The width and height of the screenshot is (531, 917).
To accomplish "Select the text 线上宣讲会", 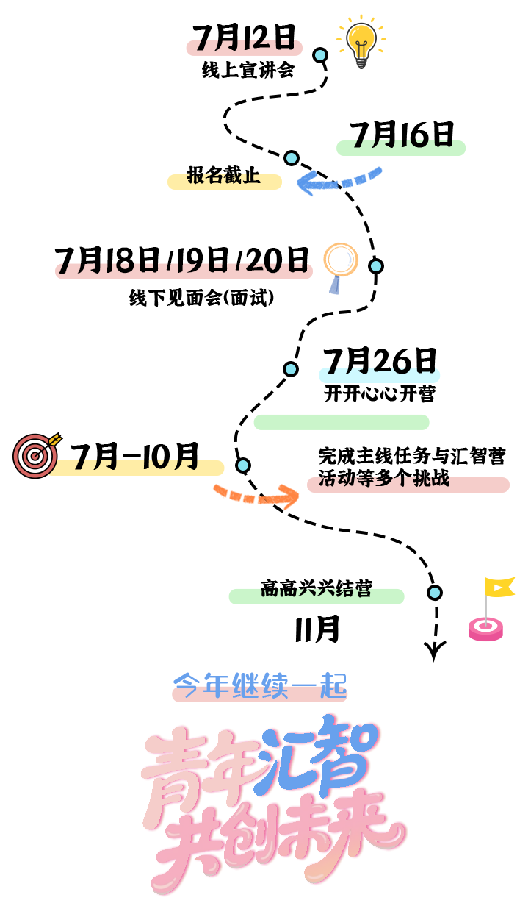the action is pos(248,71).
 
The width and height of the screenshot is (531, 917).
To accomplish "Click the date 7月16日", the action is pos(401,135).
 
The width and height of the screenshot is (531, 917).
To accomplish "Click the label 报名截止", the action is pos(223,176).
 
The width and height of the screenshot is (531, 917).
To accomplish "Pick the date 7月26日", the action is pos(380,361).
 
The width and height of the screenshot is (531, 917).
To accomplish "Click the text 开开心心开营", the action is pos(380,393).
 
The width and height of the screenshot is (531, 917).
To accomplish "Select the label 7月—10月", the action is pos(135,457).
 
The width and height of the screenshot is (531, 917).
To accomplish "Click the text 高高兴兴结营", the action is pos(316,589).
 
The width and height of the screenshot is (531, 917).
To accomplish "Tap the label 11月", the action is pos(317,629).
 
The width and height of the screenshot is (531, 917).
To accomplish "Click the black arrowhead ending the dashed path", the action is pos(435,650).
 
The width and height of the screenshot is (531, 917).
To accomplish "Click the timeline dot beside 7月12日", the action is pos(320,55).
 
